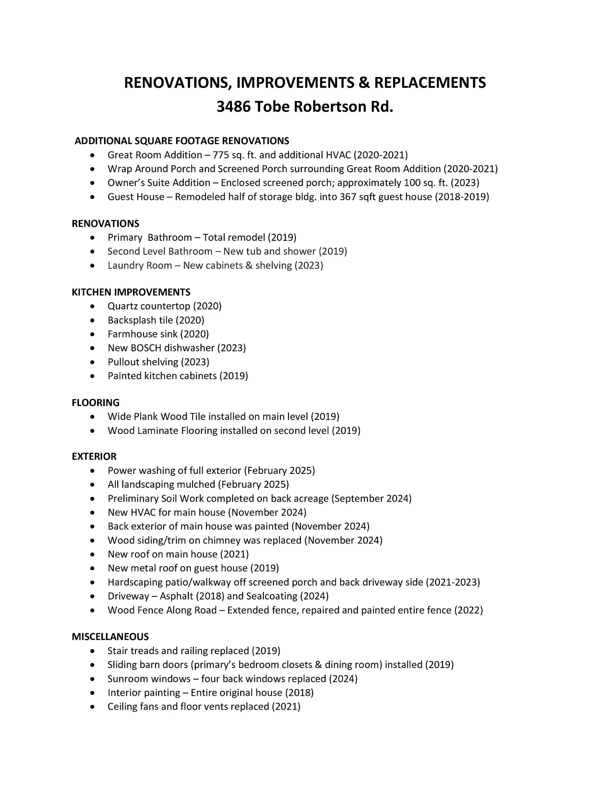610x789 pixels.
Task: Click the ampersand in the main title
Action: tap(363, 82)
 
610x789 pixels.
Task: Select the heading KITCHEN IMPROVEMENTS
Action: tap(131, 292)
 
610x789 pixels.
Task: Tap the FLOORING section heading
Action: tap(96, 403)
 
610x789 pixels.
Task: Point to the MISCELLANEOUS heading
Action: tap(110, 636)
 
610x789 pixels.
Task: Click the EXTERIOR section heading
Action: tap(94, 457)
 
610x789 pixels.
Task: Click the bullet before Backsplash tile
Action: tap(92, 321)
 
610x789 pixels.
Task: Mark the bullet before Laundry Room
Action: tap(92, 266)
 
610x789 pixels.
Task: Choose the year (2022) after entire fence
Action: tap(469, 610)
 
